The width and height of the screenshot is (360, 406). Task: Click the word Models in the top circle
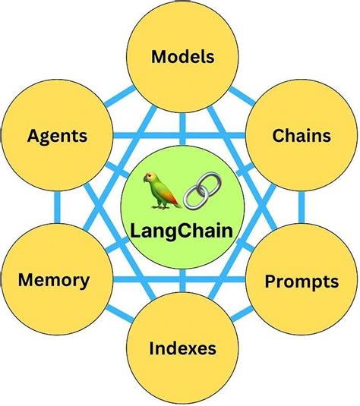point(182,56)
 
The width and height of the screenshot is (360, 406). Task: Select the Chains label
point(302,136)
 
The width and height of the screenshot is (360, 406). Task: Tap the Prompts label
point(302,282)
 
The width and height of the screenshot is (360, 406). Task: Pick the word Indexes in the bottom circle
point(182,349)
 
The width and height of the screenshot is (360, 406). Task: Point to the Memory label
point(54,279)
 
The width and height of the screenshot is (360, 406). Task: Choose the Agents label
point(57,137)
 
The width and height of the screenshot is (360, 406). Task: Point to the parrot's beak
point(148,181)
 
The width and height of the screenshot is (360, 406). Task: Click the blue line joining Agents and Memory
point(57,209)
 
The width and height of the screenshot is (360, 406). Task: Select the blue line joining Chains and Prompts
point(303,209)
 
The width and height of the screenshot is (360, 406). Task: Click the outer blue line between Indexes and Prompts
point(247,326)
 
